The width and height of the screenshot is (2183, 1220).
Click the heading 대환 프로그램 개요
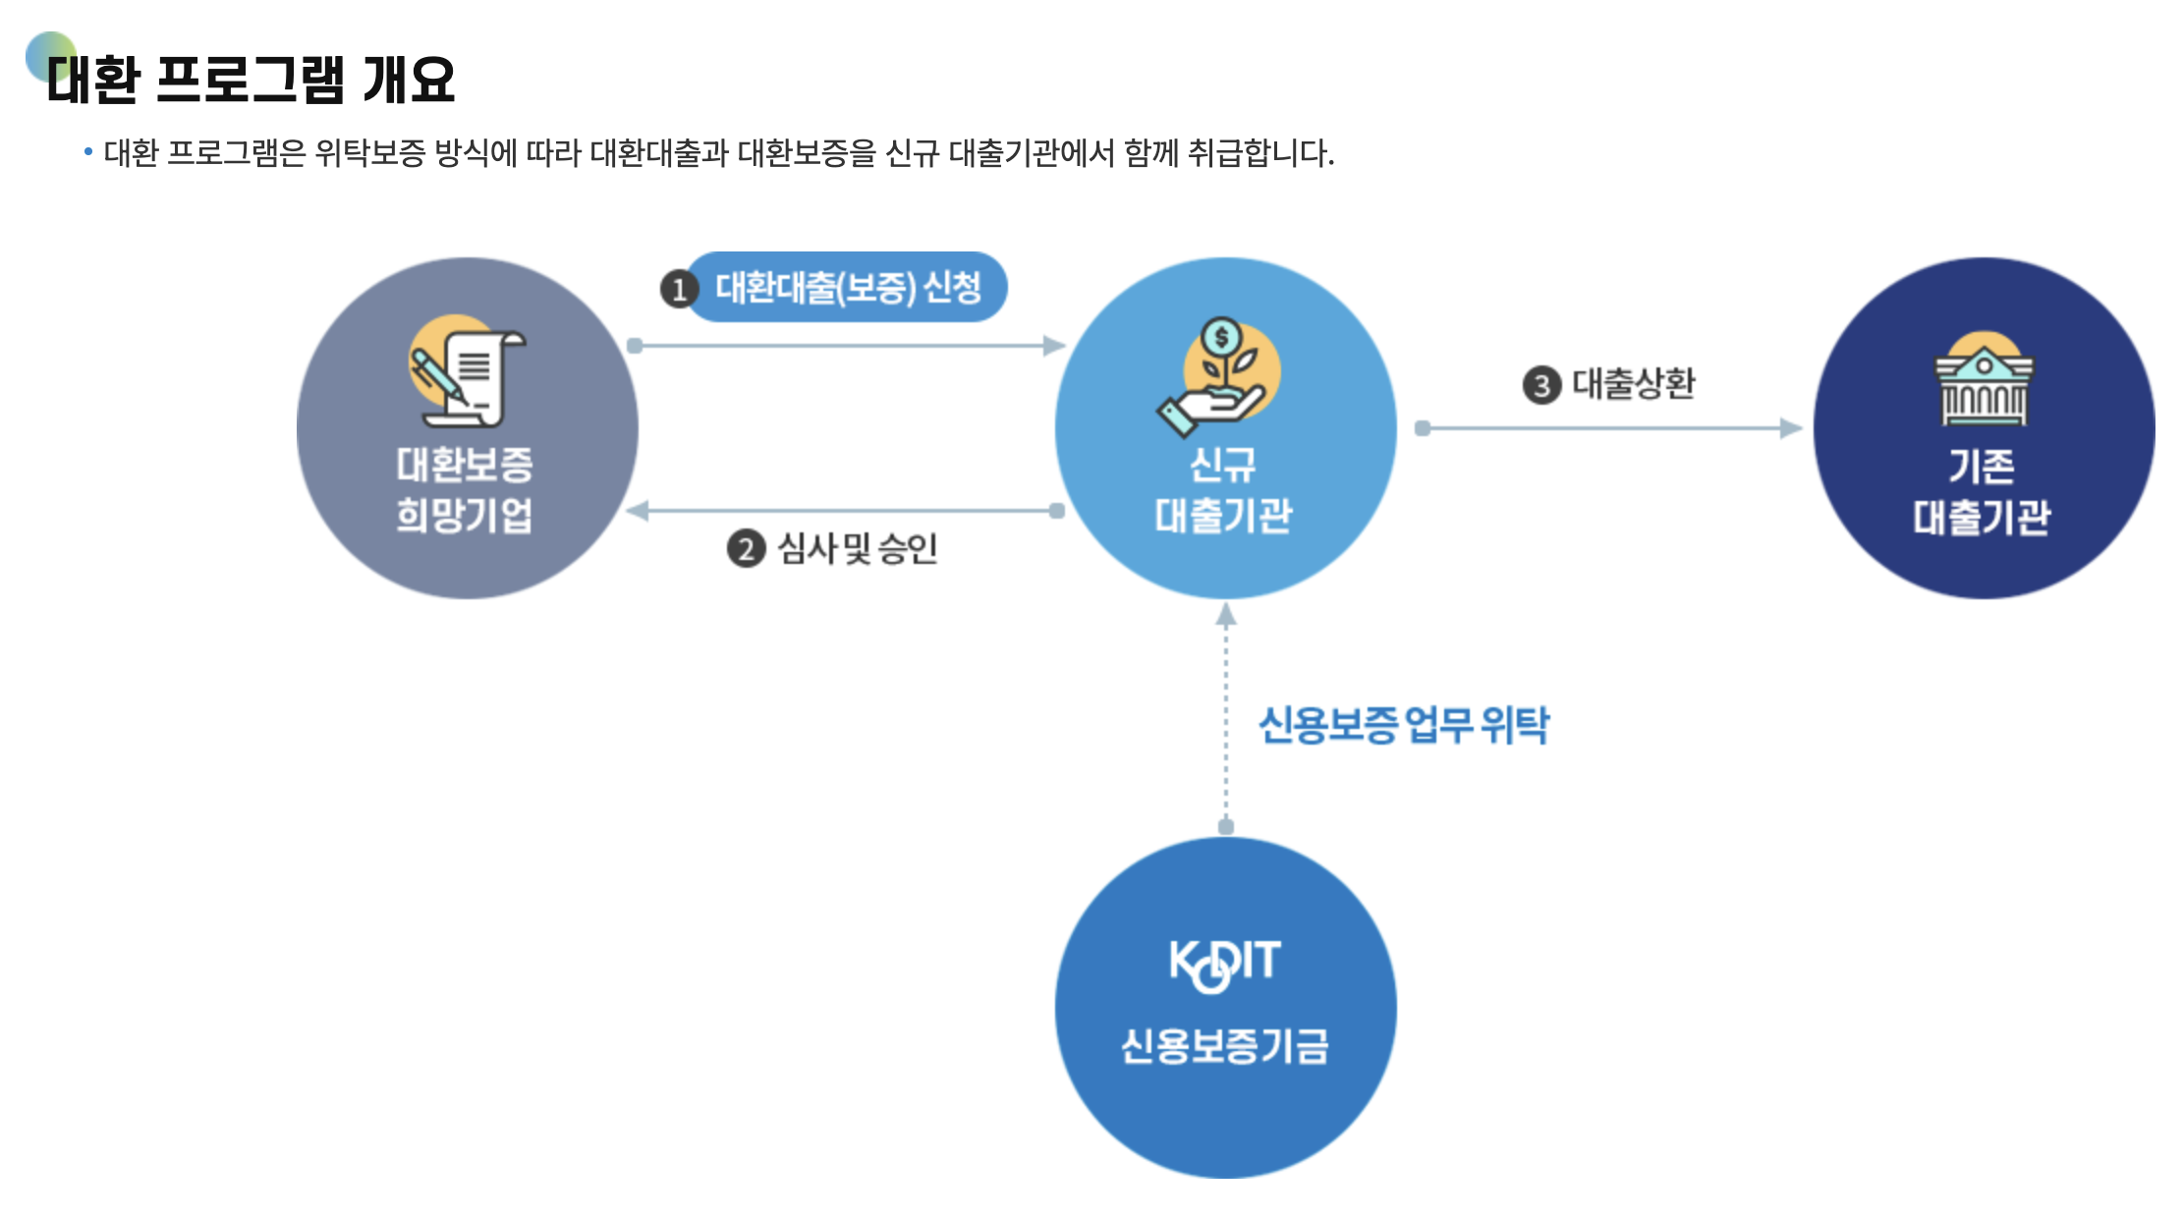[x=252, y=80]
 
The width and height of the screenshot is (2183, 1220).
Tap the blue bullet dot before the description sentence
[x=88, y=151]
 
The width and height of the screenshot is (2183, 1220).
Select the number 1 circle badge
[x=679, y=290]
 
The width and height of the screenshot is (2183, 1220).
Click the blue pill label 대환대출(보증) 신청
[x=848, y=287]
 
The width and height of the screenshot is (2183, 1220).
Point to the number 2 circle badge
[x=746, y=548]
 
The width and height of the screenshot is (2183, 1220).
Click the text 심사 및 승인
[x=858, y=548]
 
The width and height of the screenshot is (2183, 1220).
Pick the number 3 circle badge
[x=1541, y=385]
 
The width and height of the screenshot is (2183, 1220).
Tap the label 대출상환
[x=1634, y=383]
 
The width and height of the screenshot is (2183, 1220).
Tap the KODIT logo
[x=1224, y=963]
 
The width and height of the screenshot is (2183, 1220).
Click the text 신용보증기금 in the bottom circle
[x=1224, y=1046]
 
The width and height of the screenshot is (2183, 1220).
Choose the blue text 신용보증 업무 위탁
[x=1403, y=725]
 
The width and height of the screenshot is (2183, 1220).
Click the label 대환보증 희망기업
[x=465, y=489]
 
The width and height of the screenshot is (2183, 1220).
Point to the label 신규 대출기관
[x=1223, y=489]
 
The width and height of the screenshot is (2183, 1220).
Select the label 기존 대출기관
[x=1982, y=491]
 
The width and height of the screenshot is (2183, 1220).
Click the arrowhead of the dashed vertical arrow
[x=1225, y=615]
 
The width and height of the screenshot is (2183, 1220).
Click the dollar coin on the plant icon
[x=1221, y=337]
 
